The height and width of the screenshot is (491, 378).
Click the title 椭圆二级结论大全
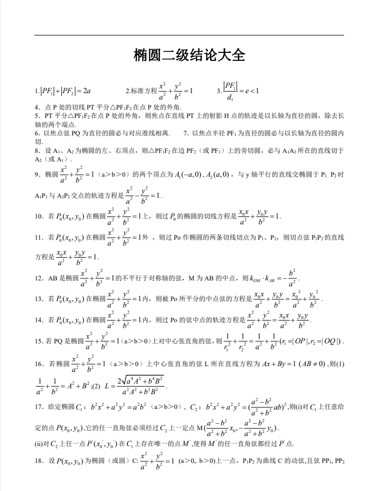pos(189,56)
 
